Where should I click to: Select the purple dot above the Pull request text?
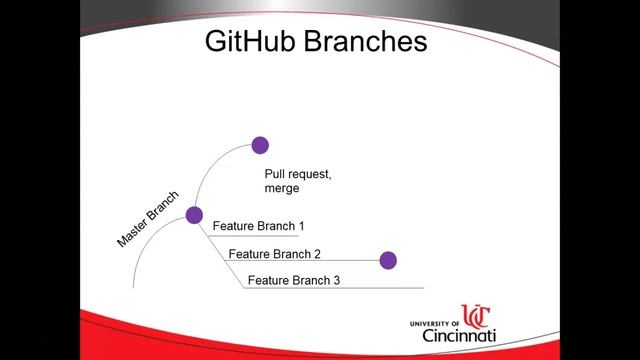pyautogui.click(x=260, y=145)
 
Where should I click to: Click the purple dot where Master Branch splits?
pyautogui.click(x=194, y=214)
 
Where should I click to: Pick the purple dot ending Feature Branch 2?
pyautogui.click(x=388, y=260)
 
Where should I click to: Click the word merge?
pyautogui.click(x=282, y=188)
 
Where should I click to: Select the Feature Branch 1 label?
pyautogui.click(x=258, y=226)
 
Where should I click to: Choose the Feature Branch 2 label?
pyautogui.click(x=275, y=254)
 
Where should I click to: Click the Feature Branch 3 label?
pyautogui.click(x=294, y=280)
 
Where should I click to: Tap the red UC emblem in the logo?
pyautogui.click(x=476, y=319)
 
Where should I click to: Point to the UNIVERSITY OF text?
pyautogui.click(x=435, y=324)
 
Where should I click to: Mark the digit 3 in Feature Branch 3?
pyautogui.click(x=337, y=280)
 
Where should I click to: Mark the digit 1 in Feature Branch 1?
pyautogui.click(x=301, y=226)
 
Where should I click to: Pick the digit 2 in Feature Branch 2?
pyautogui.click(x=318, y=254)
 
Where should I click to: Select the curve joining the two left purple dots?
pyautogui.click(x=211, y=170)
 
